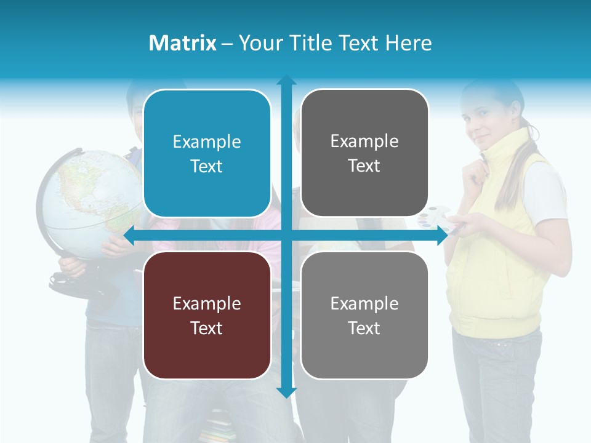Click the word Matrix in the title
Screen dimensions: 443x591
(x=183, y=43)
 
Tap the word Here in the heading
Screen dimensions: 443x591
(x=408, y=43)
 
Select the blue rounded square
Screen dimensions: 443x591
(x=207, y=153)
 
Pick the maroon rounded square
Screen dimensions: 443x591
(x=207, y=315)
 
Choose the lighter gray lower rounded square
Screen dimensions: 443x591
(x=364, y=315)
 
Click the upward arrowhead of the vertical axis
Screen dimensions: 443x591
(x=286, y=79)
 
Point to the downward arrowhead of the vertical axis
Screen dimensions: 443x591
(x=286, y=392)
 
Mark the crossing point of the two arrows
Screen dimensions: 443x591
(x=286, y=236)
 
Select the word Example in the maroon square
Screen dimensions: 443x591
(x=207, y=303)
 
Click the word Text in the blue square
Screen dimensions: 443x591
(x=207, y=166)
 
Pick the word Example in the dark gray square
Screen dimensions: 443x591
(x=364, y=141)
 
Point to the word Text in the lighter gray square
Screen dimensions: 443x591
(x=364, y=328)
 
